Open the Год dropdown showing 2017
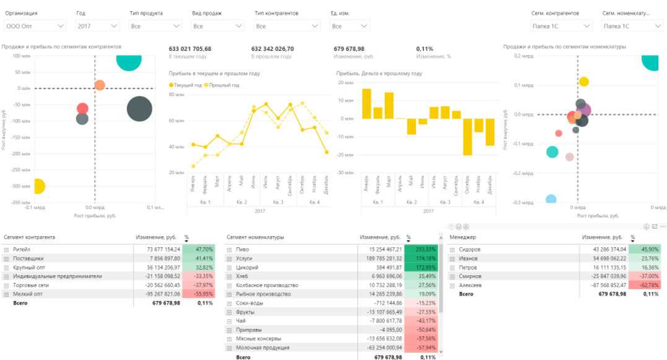tap(97, 26)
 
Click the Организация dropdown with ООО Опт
tap(35, 26)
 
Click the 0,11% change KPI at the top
tap(425, 48)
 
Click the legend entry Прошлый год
tap(224, 85)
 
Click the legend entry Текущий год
tap(188, 85)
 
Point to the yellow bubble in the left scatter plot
tap(37, 186)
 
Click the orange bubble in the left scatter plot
tap(99, 85)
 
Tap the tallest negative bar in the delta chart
tap(467, 136)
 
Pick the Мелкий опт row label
tap(30, 294)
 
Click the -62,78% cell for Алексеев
tap(645, 285)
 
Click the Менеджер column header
tap(463, 237)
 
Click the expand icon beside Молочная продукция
tap(230, 348)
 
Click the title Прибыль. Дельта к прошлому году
tap(379, 73)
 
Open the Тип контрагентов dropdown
tap(287, 26)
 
